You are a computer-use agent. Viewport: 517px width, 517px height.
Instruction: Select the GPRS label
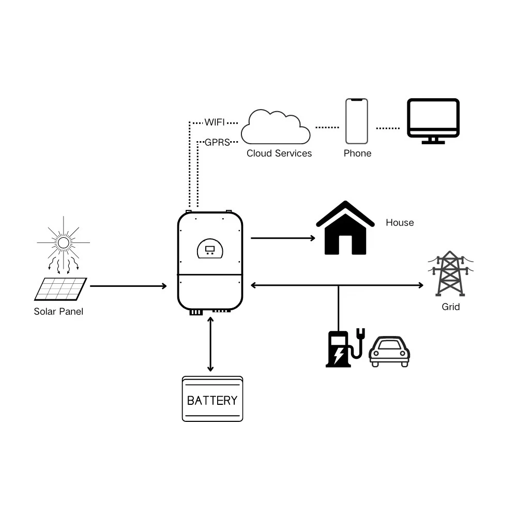tap(217, 142)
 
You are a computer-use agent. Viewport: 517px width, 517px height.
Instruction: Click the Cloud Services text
tap(279, 154)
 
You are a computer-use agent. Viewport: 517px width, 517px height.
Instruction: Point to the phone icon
tap(357, 121)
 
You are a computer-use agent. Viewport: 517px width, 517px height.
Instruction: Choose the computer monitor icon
tap(433, 120)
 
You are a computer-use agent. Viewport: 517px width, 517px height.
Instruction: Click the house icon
tap(345, 230)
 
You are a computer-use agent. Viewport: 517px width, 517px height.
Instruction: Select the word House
tap(400, 223)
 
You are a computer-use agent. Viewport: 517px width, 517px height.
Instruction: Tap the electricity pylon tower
tap(450, 273)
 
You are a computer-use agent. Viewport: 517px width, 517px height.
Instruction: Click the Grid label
tap(450, 307)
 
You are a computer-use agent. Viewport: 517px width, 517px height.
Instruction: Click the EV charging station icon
tap(342, 349)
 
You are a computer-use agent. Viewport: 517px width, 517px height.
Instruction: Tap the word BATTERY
tap(212, 401)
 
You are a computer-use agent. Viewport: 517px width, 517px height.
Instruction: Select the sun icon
tap(63, 242)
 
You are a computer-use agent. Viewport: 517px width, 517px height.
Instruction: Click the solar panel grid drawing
tap(60, 289)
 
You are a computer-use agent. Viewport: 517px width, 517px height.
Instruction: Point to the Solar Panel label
tap(58, 312)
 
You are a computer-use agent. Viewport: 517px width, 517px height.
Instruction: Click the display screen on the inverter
tap(210, 250)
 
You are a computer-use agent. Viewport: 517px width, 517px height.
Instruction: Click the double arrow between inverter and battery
tap(210, 344)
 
